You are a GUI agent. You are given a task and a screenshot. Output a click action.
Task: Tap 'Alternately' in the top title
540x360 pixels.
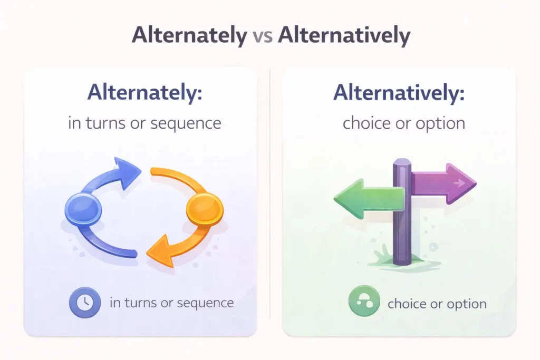pos(189,35)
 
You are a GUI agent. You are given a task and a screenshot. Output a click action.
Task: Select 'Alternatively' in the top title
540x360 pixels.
pos(343,35)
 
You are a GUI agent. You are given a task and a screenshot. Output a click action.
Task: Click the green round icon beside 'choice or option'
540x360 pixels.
pos(364,303)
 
